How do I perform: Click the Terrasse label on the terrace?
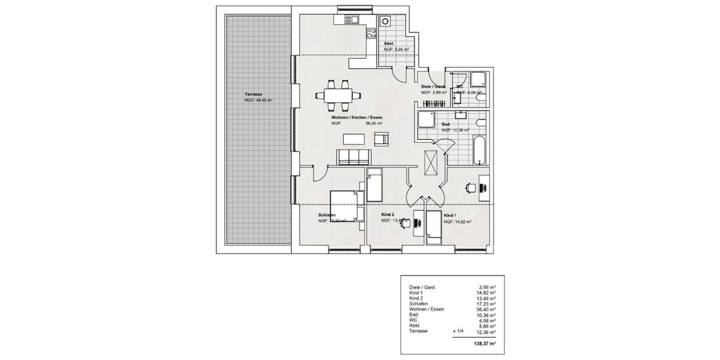click(253, 95)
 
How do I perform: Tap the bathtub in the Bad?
click(479, 150)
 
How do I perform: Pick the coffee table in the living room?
click(354, 139)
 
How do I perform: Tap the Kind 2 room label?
click(388, 214)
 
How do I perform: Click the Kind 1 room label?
click(451, 214)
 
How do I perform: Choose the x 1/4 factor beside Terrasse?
click(459, 331)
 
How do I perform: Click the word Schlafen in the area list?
click(419, 304)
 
